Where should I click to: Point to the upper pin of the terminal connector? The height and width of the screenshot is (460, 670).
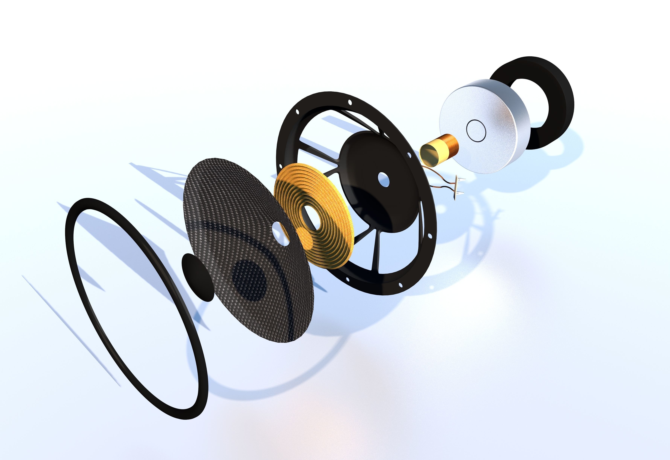462,180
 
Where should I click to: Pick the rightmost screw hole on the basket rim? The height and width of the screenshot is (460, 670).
430,236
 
